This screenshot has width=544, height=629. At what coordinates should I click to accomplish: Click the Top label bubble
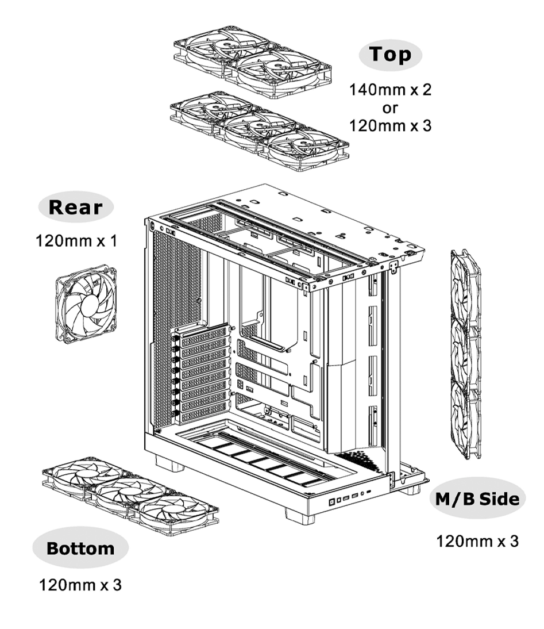[390, 55]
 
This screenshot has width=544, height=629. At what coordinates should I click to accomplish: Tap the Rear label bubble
[75, 208]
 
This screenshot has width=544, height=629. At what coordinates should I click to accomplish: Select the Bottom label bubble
[80, 548]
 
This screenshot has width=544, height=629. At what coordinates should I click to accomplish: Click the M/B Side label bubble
[477, 499]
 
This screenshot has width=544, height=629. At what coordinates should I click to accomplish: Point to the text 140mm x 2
[390, 90]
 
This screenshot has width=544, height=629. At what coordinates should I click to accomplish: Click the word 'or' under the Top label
[390, 108]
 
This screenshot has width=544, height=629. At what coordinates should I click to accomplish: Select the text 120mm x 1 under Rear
[76, 240]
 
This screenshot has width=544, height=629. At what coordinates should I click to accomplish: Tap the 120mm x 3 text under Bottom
[80, 585]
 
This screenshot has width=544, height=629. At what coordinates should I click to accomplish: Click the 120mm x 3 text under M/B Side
[477, 541]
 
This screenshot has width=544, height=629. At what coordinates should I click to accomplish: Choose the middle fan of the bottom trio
[130, 493]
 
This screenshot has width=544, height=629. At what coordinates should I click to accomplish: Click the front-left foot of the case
[300, 513]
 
